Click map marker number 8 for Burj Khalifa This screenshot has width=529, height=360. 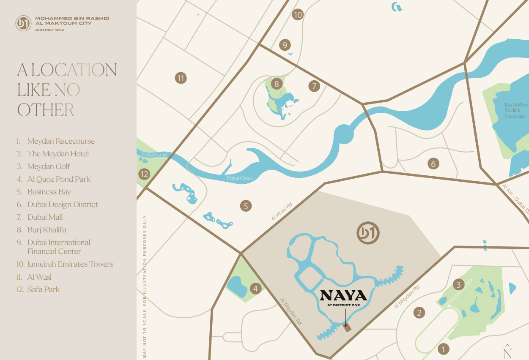tap(277, 84)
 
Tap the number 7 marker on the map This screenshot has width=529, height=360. tap(314, 86)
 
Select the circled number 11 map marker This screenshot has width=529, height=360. tap(181, 78)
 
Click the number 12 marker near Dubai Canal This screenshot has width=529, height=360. tap(144, 174)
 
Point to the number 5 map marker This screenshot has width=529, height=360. tap(246, 206)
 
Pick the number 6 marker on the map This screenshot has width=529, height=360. tap(433, 164)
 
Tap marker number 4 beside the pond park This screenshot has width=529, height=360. tap(255, 289)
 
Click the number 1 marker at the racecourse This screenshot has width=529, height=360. tap(443, 349)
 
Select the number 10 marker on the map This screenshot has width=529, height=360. tap(298, 15)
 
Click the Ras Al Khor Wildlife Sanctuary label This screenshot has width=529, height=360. tap(515, 110)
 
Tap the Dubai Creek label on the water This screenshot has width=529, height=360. tap(239, 178)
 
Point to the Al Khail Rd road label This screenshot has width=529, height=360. tap(282, 212)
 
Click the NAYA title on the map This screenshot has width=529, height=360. tap(343, 295)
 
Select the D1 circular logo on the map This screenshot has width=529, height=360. tap(368, 233)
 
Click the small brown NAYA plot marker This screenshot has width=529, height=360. tap(347, 328)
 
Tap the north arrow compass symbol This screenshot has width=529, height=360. tap(508, 350)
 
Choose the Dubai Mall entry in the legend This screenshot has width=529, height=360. tap(45, 217)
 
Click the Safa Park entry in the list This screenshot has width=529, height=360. tap(43, 289)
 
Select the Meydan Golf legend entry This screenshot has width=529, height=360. tap(49, 166)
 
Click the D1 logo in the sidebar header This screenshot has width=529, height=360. tap(23, 23)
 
